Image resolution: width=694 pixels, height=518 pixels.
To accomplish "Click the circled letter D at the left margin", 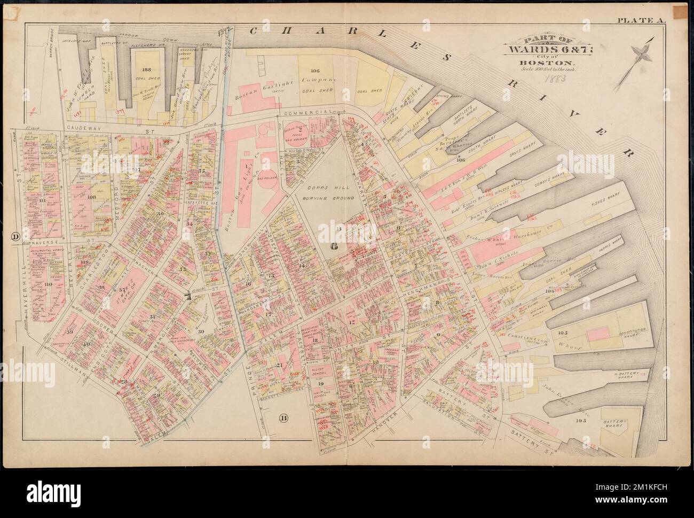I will [x=15, y=236].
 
